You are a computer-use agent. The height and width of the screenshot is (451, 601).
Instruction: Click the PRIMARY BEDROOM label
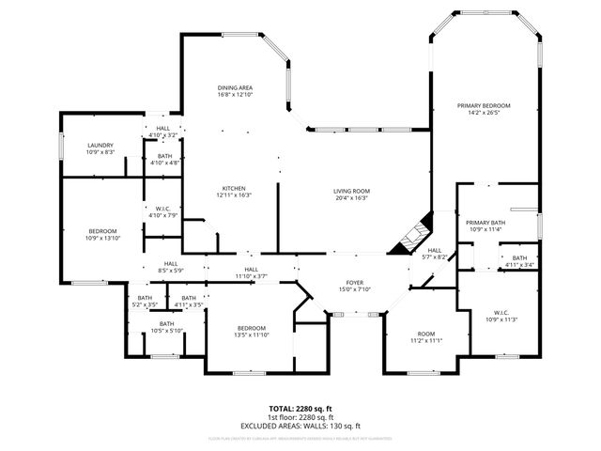tap(484, 105)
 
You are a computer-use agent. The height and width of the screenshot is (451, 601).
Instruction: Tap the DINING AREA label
tap(235, 88)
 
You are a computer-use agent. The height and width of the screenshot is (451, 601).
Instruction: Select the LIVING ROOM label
tap(351, 192)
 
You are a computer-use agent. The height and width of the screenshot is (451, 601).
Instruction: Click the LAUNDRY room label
tap(100, 145)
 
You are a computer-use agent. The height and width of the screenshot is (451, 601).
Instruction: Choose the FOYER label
tap(354, 282)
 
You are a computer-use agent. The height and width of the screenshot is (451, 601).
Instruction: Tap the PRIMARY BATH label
tap(485, 222)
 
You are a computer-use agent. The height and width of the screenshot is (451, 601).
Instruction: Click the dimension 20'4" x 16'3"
tap(351, 198)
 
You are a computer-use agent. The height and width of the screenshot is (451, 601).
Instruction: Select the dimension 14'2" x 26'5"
tap(484, 113)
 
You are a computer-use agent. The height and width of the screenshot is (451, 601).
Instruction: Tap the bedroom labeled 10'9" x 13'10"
tap(103, 235)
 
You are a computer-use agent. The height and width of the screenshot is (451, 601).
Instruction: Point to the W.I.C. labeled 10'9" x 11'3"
tap(500, 315)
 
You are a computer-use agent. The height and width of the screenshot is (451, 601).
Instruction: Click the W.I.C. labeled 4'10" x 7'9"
tap(163, 211)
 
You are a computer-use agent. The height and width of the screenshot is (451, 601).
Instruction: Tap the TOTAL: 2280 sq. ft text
tap(300, 409)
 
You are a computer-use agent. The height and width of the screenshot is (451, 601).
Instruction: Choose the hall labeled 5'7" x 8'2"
tap(434, 254)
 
